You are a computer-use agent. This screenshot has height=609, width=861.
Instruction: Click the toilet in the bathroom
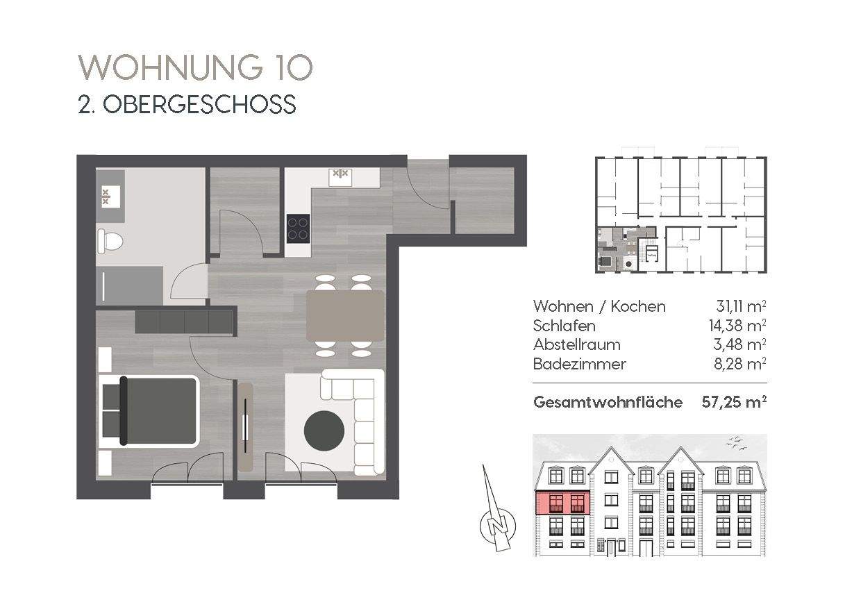coord(110,242)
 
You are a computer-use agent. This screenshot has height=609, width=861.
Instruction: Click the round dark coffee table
coord(324,431)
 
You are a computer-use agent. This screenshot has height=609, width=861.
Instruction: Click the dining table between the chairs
coord(345,315)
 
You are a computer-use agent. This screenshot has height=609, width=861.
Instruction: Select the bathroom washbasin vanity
coord(110,195)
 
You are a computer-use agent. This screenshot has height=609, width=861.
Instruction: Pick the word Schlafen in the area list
coord(564,325)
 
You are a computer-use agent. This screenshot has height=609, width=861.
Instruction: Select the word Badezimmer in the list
coord(579,364)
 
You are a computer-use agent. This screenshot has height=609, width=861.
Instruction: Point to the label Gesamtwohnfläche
coord(607,402)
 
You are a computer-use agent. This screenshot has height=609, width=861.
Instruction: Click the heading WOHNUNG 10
coord(196,68)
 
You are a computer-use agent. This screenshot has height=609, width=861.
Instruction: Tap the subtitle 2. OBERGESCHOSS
coord(187,104)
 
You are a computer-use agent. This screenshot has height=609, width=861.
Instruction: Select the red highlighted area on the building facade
coord(562,502)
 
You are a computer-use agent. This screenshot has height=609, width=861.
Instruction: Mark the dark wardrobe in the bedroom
coord(184,322)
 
